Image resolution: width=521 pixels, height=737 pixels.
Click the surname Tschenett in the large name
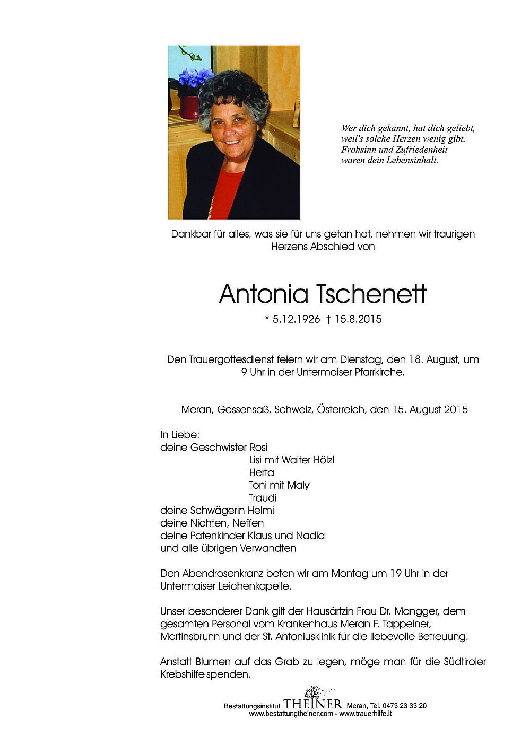click(x=371, y=294)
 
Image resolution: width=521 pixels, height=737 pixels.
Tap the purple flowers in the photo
click(x=195, y=78)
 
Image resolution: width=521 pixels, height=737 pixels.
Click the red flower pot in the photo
click(x=189, y=107)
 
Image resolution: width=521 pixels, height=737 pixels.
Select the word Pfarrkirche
click(x=377, y=372)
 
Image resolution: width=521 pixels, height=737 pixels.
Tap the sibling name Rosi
click(x=258, y=447)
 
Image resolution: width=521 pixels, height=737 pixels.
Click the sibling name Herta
click(x=262, y=472)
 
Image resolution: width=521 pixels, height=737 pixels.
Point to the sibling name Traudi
click(x=263, y=498)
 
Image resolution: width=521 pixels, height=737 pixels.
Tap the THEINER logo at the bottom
click(x=313, y=703)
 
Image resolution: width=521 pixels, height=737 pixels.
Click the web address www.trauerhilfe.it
click(x=366, y=714)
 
